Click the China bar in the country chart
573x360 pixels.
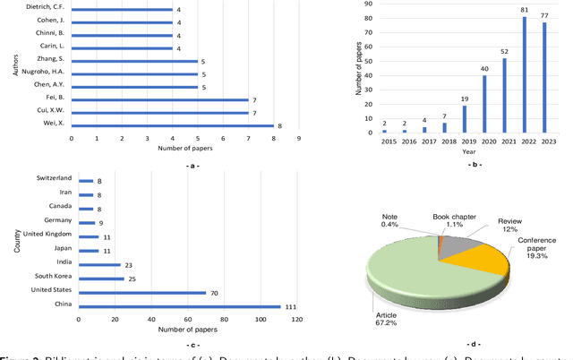pyautogui.click(x=179, y=306)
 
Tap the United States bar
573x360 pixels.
pyautogui.click(x=142, y=292)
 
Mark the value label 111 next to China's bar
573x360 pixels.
pyautogui.click(x=290, y=306)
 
